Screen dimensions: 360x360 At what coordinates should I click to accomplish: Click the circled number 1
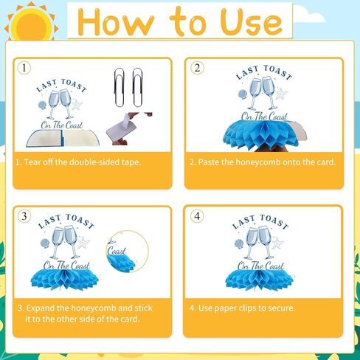click(26, 68)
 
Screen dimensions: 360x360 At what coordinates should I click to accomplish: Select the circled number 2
click(197, 68)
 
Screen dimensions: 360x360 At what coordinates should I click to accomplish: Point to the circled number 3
click(26, 216)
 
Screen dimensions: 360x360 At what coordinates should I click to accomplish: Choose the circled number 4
click(197, 216)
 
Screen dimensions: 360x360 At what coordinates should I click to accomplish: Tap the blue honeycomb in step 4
click(262, 278)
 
